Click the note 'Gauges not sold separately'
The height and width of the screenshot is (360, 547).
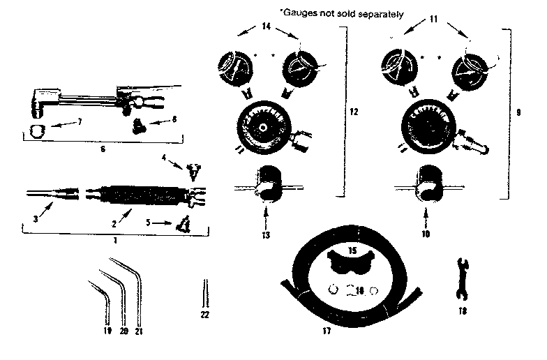341,13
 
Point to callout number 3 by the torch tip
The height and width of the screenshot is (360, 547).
34,218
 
